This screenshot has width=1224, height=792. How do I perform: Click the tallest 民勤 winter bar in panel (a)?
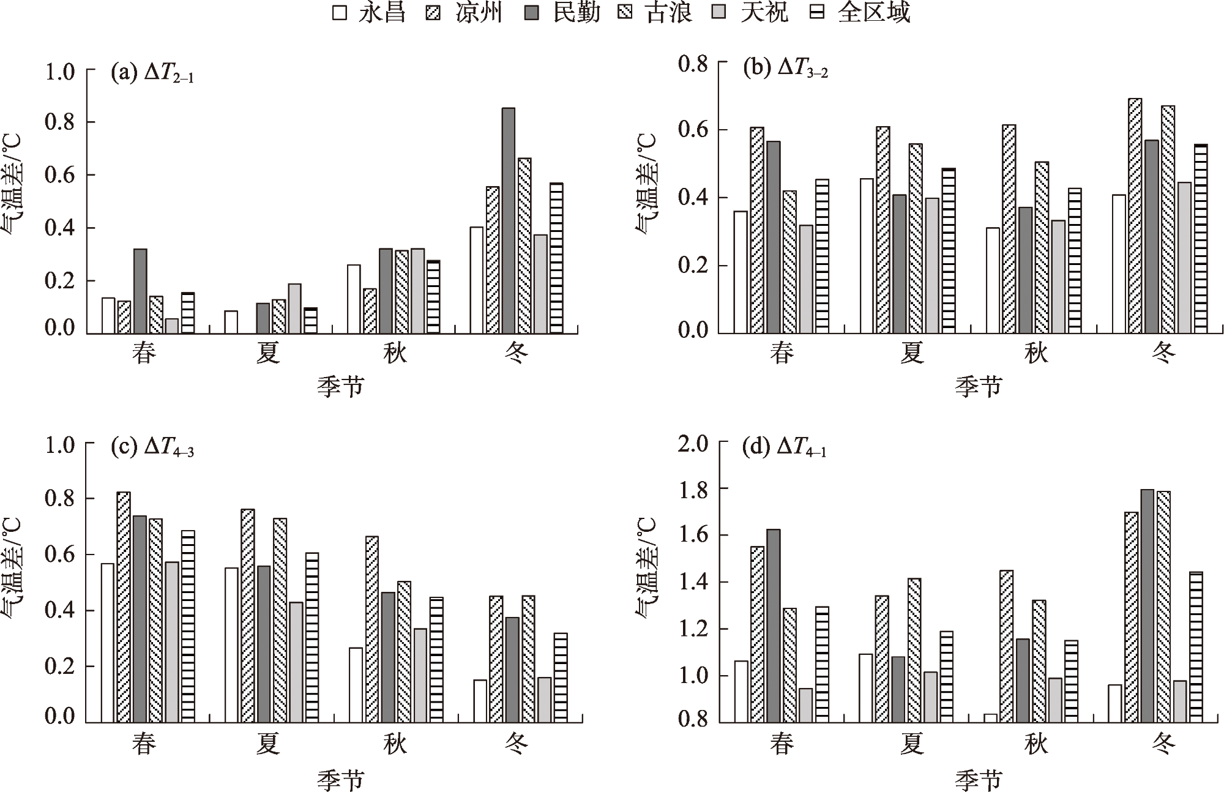tap(509, 220)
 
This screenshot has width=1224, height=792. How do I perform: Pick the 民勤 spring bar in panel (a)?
tap(140, 291)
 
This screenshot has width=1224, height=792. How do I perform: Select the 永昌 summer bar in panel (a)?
tap(231, 323)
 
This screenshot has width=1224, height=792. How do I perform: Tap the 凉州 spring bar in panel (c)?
tap(124, 607)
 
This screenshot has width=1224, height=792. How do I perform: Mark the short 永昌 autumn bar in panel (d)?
tap(990, 718)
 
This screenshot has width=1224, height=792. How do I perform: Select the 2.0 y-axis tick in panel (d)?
tap(693, 443)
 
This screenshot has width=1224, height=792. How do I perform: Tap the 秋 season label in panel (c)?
tap(395, 744)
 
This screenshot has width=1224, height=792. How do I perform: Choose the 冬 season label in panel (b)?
tap(1163, 353)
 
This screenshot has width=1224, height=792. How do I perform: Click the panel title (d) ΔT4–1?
tap(784, 448)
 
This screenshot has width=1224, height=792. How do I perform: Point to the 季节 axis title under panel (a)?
tap(340, 387)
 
